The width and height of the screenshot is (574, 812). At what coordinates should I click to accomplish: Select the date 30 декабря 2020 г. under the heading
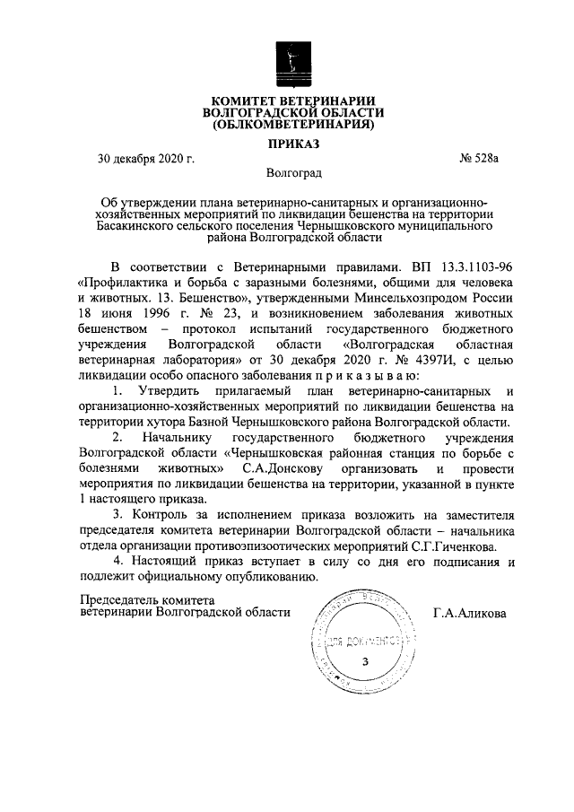click(146, 160)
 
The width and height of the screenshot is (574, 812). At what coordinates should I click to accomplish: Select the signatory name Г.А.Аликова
click(468, 614)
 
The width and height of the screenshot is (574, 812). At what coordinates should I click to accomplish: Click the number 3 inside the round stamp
click(363, 662)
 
